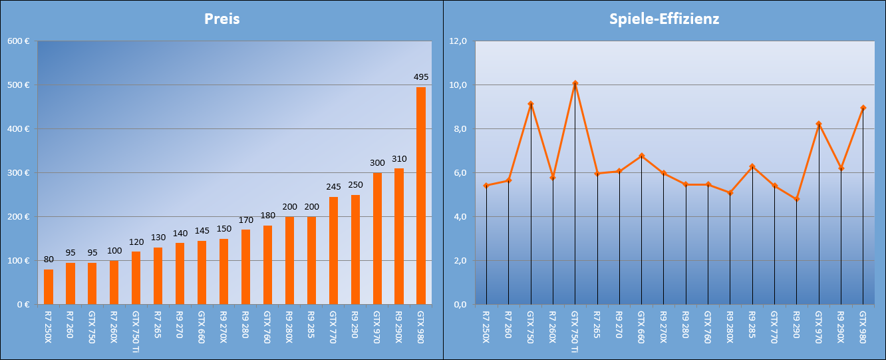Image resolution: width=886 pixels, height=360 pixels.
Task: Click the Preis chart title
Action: tap(222, 19)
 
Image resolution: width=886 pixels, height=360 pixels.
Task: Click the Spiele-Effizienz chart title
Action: tap(664, 19)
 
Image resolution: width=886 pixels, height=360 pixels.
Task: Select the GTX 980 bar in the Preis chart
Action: tap(421, 196)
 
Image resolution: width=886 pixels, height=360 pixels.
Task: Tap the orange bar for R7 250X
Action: tap(49, 287)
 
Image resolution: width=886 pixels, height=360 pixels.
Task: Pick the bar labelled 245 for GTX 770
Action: tap(333, 250)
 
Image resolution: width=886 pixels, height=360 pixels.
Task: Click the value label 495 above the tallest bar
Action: tap(421, 77)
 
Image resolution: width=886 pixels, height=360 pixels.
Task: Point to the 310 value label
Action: tap(399, 159)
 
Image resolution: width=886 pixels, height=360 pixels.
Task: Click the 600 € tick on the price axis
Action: tap(18, 41)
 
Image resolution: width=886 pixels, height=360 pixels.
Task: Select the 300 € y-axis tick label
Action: tap(18, 173)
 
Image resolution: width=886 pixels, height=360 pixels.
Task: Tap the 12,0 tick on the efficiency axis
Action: tap(459, 41)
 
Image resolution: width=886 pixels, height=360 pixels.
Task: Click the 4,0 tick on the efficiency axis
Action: tap(459, 217)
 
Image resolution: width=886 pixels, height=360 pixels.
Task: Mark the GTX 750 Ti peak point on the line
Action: tap(575, 83)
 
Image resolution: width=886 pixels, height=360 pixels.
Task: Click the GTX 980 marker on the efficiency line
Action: tap(863, 108)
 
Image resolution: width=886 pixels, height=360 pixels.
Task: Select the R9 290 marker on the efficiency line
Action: tap(796, 199)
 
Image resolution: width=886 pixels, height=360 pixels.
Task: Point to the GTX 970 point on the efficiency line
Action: tap(818, 124)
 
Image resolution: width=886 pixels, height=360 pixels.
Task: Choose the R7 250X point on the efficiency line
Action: tap(486, 186)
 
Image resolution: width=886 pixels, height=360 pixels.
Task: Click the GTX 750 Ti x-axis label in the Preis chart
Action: tap(136, 331)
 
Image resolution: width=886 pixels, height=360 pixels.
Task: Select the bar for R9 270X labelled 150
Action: tap(223, 271)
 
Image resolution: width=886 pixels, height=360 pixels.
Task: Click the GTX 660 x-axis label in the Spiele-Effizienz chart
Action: tap(641, 325)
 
